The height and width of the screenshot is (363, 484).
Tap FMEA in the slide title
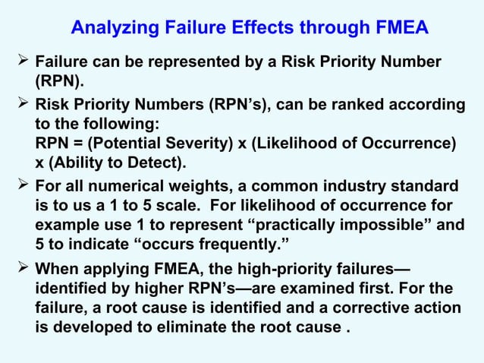[398, 28]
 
